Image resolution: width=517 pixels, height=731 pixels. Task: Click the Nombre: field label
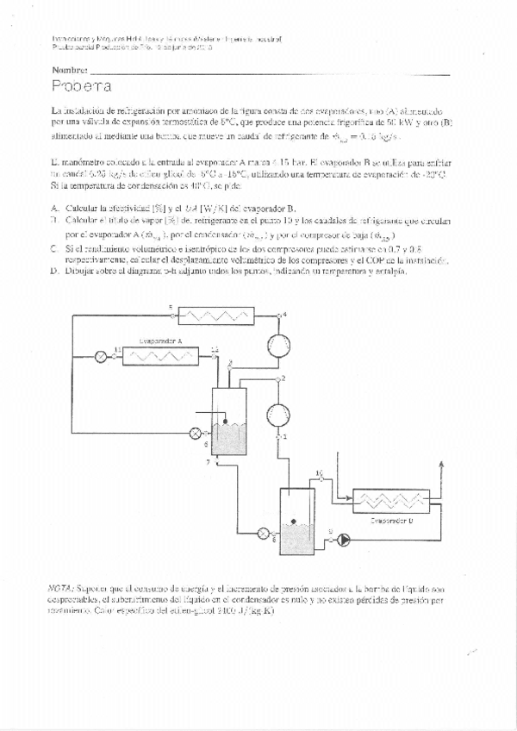pos(69,68)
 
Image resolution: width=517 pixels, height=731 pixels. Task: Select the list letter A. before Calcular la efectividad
pos(54,208)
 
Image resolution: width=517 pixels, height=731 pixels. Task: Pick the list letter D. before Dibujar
pos(54,271)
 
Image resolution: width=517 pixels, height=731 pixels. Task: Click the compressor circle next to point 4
pos(278,343)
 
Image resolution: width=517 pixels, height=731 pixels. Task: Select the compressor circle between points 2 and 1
pos(277,408)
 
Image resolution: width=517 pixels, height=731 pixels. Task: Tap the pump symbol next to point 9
pos(344,540)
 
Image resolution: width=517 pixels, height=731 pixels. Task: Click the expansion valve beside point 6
pos(263,532)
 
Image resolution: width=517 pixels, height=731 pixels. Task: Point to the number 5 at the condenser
pos(170,308)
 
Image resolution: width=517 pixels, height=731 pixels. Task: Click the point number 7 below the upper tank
pos(207,463)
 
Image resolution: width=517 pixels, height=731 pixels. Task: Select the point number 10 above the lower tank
pos(319,474)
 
